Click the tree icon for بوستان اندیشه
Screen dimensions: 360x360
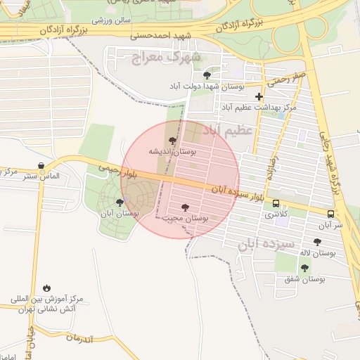[x=174, y=141]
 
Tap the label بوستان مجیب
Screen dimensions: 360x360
[x=186, y=219]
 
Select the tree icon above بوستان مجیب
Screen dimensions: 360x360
[x=185, y=207]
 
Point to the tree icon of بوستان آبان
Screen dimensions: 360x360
[x=119, y=202]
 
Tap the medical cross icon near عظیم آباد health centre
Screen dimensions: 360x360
[x=259, y=96]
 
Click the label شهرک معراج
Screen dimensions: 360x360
[x=166, y=56]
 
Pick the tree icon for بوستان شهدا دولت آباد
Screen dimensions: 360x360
[x=207, y=75]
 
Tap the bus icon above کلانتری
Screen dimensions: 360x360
[x=276, y=203]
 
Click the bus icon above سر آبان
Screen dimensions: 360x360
[x=330, y=213]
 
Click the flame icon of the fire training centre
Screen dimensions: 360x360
[x=46, y=288]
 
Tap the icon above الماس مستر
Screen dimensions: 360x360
[x=41, y=165]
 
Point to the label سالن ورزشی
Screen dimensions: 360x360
[x=115, y=20]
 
